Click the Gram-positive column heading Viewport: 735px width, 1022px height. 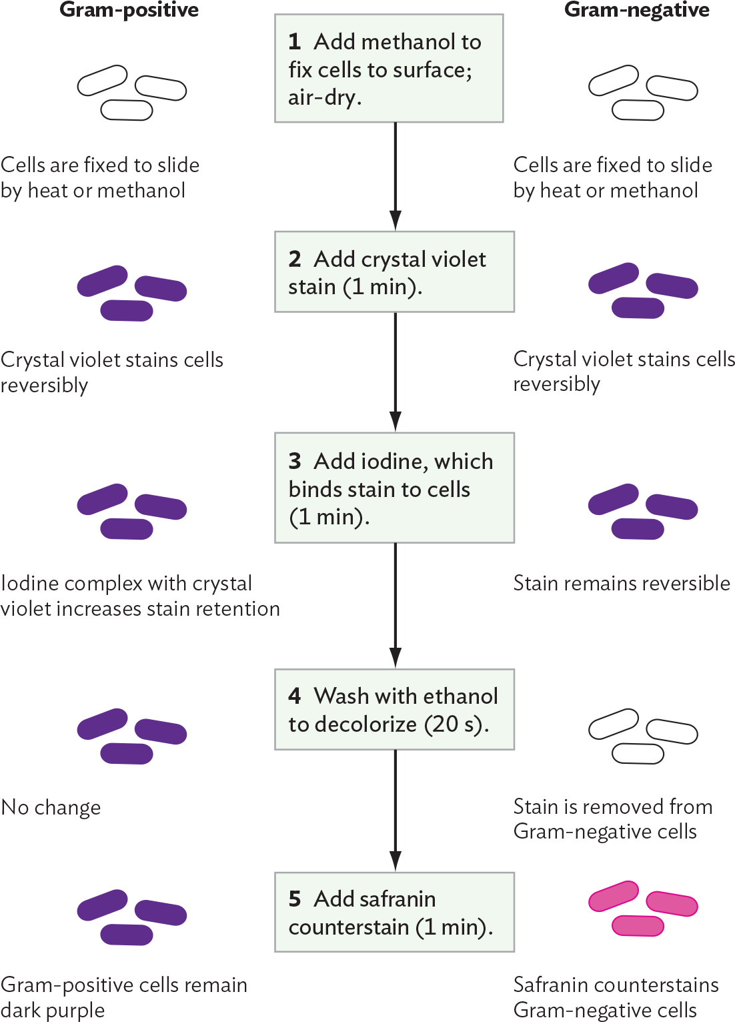129,10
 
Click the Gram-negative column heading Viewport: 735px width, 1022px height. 636,10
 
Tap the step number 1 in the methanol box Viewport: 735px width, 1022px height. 294,42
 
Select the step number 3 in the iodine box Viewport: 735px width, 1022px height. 295,461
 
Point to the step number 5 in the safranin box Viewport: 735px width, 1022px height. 295,899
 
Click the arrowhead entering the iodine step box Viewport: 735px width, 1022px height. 395,422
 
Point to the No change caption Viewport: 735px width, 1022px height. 51,807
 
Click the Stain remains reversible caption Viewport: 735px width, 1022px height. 622,583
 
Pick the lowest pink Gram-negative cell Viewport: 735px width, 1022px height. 638,926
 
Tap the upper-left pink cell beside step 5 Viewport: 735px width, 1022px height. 613,896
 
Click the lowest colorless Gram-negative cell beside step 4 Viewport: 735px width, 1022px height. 638,754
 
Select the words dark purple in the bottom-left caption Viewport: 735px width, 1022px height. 53,1010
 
